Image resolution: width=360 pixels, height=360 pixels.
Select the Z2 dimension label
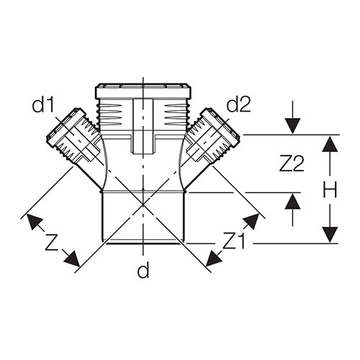[292, 163]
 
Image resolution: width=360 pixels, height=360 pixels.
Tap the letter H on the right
[330, 189]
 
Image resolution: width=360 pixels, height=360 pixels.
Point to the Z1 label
[234, 240]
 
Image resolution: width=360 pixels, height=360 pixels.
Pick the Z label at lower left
[52, 243]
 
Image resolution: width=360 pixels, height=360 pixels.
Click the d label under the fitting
[143, 270]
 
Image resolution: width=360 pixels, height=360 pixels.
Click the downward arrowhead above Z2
[292, 126]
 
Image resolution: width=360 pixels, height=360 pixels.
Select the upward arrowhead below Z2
[292, 202]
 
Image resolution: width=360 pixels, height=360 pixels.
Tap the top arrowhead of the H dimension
[330, 143]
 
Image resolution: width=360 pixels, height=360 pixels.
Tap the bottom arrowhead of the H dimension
[330, 235]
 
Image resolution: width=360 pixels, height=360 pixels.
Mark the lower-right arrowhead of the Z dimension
[73, 259]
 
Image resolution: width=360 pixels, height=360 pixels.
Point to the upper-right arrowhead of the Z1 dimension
[251, 221]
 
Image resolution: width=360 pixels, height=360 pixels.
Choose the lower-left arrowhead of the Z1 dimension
[213, 258]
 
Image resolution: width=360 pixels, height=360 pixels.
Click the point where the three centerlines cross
[143, 204]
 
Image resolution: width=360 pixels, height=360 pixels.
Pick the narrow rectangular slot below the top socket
[143, 126]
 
